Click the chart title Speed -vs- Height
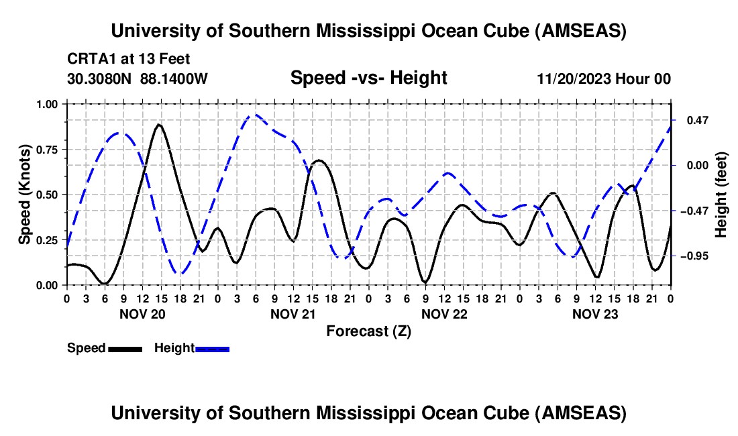point(368,78)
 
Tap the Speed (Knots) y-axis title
point(24,195)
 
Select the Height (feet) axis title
point(721,195)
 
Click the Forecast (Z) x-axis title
point(368,331)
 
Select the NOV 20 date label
point(142,314)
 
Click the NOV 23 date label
point(595,314)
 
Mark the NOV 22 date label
point(444,314)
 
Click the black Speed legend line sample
point(125,349)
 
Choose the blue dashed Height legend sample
point(213,349)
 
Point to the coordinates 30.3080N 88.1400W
point(138,78)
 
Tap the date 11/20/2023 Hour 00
point(604,78)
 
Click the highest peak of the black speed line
point(158,124)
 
